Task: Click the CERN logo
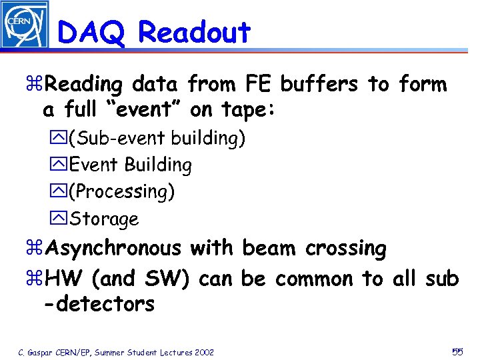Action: coord(25,25)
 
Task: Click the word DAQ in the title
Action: coord(94,32)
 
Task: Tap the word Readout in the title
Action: coord(194,32)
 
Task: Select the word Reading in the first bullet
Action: coord(85,85)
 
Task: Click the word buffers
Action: coord(319,84)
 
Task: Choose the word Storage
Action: coord(104,219)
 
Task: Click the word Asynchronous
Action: coord(114,249)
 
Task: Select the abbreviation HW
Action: coord(66,278)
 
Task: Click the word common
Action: coord(313,278)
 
